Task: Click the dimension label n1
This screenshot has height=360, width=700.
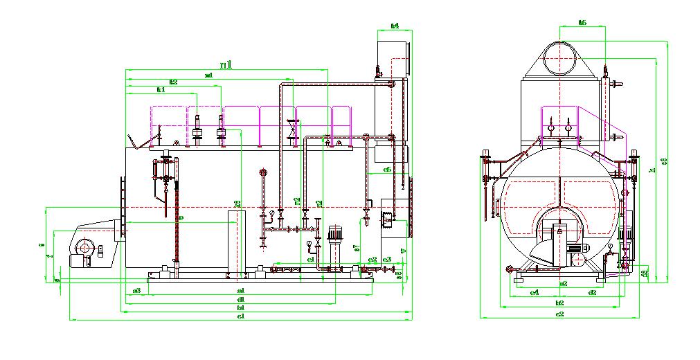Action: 226,64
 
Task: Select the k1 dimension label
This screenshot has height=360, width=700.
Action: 161,90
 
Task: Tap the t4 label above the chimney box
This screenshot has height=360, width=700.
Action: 395,26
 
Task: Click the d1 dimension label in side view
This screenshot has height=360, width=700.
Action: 240,299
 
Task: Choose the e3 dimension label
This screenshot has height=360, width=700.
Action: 387,260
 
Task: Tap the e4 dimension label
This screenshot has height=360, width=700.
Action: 534,292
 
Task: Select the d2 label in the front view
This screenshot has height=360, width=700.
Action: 592,292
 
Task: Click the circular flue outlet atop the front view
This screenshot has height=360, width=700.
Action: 560,58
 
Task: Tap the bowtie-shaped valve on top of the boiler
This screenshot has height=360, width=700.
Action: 294,129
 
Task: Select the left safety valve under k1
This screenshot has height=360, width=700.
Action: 197,131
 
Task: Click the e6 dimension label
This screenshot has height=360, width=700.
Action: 386,170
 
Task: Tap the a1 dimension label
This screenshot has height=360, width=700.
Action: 240,290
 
